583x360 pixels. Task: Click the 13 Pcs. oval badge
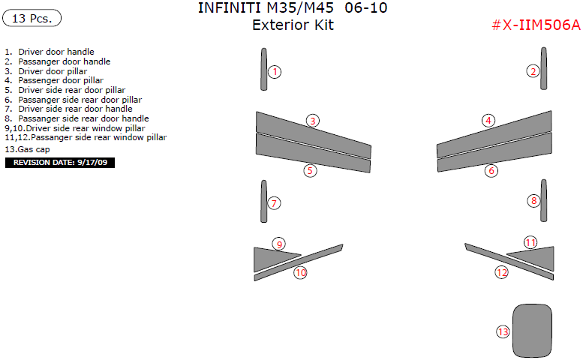32,18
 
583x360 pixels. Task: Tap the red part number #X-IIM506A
536,25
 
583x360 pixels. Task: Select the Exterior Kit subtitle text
293,25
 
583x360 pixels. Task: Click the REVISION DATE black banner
60,163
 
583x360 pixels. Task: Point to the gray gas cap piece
532,331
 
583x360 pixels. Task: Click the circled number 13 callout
503,331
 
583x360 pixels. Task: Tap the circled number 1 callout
275,72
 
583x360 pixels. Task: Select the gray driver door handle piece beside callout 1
263,69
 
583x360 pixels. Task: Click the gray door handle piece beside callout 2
543,68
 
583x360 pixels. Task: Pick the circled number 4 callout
488,120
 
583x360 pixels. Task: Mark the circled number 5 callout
310,171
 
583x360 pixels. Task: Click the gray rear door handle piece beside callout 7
263,201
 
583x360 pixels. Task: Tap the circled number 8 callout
534,201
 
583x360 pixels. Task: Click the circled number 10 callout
300,273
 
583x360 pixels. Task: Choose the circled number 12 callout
501,272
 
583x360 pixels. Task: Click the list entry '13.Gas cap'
27,149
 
